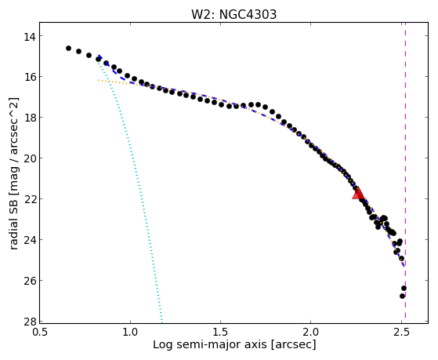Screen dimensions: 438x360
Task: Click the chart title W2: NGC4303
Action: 233,14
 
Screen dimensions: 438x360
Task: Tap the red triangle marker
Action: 358,193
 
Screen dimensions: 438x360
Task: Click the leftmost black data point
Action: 68,48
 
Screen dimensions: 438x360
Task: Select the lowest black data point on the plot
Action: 402,296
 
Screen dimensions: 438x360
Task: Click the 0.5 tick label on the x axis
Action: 40,332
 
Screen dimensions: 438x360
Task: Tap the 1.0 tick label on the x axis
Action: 130,332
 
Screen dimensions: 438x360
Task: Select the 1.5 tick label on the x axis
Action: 221,332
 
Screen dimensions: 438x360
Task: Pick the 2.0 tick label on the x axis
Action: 311,332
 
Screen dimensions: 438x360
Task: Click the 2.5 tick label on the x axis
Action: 401,332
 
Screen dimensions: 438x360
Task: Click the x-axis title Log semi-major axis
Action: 210,345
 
